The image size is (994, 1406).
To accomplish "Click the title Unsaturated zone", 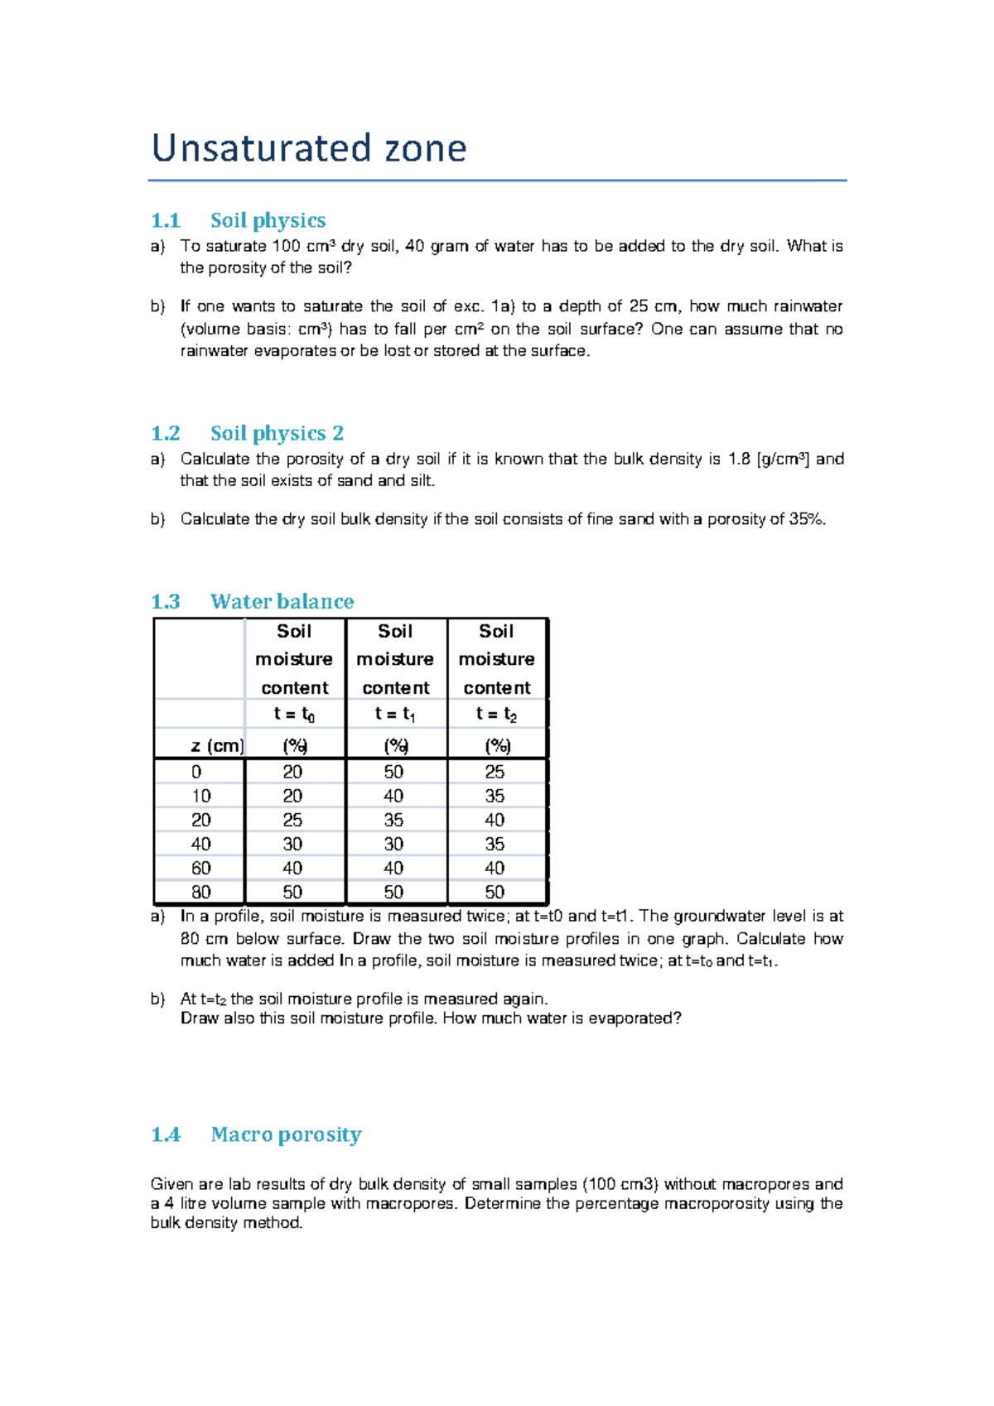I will (x=309, y=148).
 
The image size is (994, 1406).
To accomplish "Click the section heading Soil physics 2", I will (x=277, y=433).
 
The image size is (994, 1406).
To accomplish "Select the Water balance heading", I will (x=282, y=601).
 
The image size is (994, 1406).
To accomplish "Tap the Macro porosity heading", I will (x=286, y=1134).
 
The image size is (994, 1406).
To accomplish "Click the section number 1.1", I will (x=166, y=220).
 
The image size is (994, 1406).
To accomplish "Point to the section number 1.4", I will (x=166, y=1134).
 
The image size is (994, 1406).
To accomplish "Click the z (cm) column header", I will (x=217, y=746).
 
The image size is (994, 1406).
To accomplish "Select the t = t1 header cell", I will (x=395, y=714).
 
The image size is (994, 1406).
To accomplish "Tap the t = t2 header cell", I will (x=496, y=714).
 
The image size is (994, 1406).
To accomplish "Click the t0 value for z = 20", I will (x=292, y=820).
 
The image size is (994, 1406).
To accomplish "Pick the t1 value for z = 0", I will (x=393, y=772).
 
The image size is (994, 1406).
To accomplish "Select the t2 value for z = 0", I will (x=495, y=772).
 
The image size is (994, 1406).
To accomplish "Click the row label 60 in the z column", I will (x=200, y=868).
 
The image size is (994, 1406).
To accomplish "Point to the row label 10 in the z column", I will (x=200, y=796).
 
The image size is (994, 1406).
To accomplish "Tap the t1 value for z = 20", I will (x=393, y=820).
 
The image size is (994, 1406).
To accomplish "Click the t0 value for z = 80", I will (x=292, y=892).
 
